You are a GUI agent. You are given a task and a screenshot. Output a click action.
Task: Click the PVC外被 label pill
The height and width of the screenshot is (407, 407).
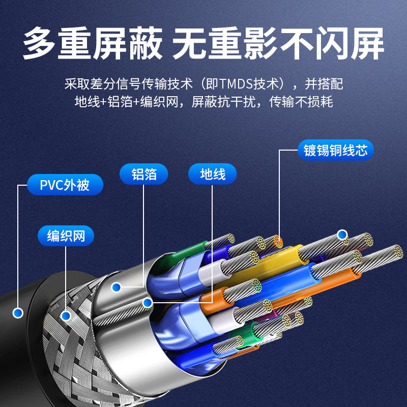(x=65, y=184)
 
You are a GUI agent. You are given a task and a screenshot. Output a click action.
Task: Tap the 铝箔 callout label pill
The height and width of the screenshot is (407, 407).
(x=144, y=175)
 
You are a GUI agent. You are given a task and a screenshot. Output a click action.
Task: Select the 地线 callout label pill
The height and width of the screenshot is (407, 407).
(x=213, y=175)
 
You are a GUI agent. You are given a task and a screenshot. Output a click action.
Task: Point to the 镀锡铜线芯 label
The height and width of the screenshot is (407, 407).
(x=336, y=151)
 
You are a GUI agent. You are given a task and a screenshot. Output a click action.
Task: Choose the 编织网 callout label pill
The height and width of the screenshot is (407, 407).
(x=66, y=236)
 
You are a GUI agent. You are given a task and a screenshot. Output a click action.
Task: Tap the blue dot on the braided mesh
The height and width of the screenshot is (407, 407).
(x=65, y=316)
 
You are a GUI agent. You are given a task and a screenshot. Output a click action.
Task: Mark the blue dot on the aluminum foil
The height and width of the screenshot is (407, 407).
(x=117, y=287)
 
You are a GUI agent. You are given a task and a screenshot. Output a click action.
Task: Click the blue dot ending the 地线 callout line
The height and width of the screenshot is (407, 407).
(x=148, y=303)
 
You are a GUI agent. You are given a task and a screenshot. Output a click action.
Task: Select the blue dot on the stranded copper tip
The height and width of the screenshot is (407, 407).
(x=342, y=235)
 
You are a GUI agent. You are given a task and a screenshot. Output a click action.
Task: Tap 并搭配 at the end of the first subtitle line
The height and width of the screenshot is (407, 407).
(x=326, y=83)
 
